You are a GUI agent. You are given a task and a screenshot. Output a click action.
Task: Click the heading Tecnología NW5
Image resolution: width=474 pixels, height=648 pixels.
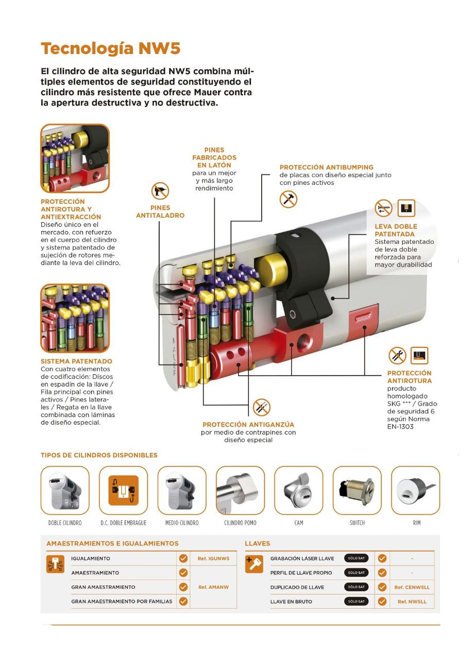point(110,49)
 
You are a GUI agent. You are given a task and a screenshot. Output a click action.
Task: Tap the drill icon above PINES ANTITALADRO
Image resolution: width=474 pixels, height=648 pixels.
point(160,192)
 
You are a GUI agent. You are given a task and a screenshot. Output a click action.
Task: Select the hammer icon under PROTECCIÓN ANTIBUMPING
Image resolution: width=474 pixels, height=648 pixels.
point(289,199)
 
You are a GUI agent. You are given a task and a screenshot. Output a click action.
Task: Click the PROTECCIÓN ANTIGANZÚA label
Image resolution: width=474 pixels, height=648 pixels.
point(248,425)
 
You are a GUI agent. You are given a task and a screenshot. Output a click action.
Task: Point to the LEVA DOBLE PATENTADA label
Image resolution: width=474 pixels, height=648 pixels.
point(396,230)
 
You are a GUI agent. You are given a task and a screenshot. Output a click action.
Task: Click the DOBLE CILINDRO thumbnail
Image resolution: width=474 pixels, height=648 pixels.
point(65,491)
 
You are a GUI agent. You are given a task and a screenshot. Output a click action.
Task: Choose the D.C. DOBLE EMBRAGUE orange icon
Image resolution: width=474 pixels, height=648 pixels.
point(123,491)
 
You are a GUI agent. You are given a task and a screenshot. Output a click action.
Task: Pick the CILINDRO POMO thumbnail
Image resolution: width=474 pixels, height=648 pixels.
point(240,491)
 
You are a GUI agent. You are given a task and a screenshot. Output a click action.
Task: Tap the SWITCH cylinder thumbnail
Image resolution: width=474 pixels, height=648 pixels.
point(357,491)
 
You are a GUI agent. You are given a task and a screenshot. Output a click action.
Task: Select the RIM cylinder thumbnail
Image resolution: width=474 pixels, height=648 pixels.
point(416,491)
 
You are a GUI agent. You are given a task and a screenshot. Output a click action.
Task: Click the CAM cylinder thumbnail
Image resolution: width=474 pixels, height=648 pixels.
point(298,491)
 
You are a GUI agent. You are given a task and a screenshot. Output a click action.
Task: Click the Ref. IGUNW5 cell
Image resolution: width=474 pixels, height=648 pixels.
point(213,558)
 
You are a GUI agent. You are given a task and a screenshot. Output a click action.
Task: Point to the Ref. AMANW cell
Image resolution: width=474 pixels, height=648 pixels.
point(213,587)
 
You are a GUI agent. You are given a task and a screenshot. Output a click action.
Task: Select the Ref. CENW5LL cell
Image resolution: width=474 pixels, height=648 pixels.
point(412,587)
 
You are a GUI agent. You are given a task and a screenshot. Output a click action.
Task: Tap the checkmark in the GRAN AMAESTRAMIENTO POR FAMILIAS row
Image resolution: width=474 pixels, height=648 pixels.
point(183,601)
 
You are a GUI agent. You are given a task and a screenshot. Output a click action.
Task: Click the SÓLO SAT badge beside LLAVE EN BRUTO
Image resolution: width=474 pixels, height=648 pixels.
point(356,601)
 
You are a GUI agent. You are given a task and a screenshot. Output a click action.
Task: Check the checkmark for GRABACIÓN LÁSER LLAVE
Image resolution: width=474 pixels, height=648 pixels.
point(382,558)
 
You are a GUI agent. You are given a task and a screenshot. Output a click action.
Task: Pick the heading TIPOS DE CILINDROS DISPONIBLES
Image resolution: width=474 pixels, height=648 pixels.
point(99,455)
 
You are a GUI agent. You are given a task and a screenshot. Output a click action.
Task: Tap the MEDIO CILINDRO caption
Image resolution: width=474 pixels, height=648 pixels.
point(181,523)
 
